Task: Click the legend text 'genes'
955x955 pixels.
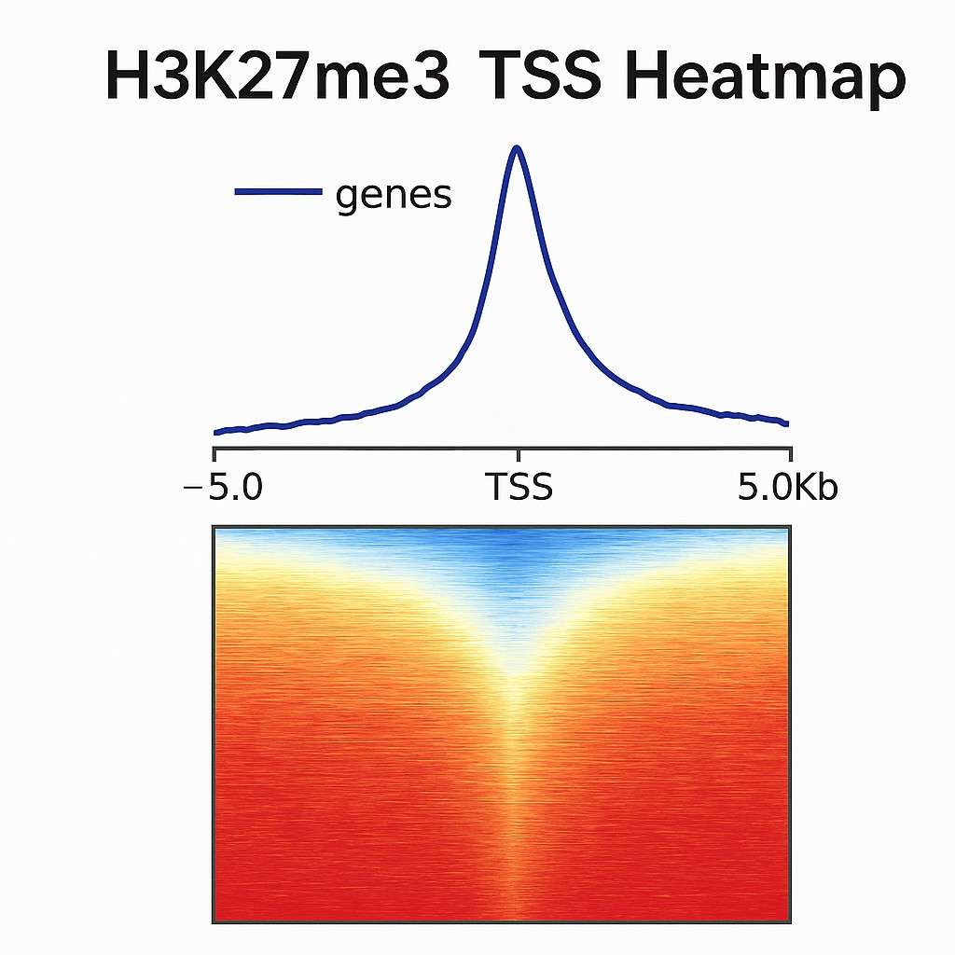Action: pos(393,196)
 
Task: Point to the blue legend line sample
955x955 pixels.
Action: pos(277,192)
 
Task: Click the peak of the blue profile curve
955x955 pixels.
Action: pos(517,147)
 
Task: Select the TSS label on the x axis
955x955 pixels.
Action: pos(519,487)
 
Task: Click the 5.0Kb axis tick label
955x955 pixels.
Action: pos(786,487)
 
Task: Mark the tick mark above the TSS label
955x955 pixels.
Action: pos(518,456)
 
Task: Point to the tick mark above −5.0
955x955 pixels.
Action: pos(215,456)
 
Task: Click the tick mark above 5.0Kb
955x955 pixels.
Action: pos(791,456)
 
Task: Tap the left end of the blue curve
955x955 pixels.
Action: pos(215,432)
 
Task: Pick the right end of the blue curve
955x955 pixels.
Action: pos(788,423)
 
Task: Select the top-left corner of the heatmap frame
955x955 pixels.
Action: pos(214,527)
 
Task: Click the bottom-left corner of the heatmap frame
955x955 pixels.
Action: pos(214,922)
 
